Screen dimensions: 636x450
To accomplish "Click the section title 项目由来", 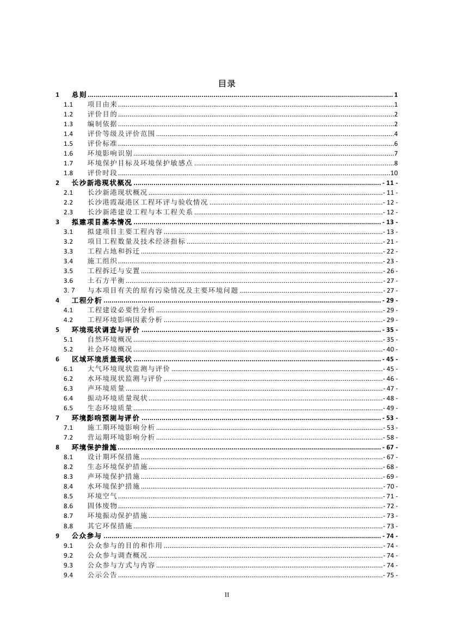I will coord(102,104).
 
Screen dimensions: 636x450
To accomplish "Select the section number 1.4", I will coord(68,134).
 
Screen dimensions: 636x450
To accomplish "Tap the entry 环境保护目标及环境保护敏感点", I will coord(140,163).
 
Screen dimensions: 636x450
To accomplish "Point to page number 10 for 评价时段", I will coord(394,173).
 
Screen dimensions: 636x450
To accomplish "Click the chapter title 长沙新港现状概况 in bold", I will coord(102,183).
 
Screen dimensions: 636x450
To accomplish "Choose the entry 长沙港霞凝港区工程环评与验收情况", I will coord(147,202).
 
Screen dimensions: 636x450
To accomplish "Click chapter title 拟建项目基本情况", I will coord(102,222).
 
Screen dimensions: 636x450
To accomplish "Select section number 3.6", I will coord(68,281).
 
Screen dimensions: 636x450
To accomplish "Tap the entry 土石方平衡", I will coord(106,281).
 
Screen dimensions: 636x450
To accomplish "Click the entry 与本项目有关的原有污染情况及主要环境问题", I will coord(163,291).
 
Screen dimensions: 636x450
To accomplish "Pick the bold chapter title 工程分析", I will coord(87,300).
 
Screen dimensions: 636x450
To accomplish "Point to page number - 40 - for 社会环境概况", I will coord(390,349).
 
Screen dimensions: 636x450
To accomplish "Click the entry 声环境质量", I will coord(106,388).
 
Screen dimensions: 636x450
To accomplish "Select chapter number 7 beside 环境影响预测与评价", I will coord(58,418).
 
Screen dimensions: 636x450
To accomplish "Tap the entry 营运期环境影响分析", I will coord(121,437).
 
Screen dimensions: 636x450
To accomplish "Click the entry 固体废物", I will coord(102,506).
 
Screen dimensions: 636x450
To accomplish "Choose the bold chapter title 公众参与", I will coord(87,535).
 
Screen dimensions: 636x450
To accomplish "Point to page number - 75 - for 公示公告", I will coord(390,575).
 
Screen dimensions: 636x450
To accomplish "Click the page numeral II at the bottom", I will coord(227,595).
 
